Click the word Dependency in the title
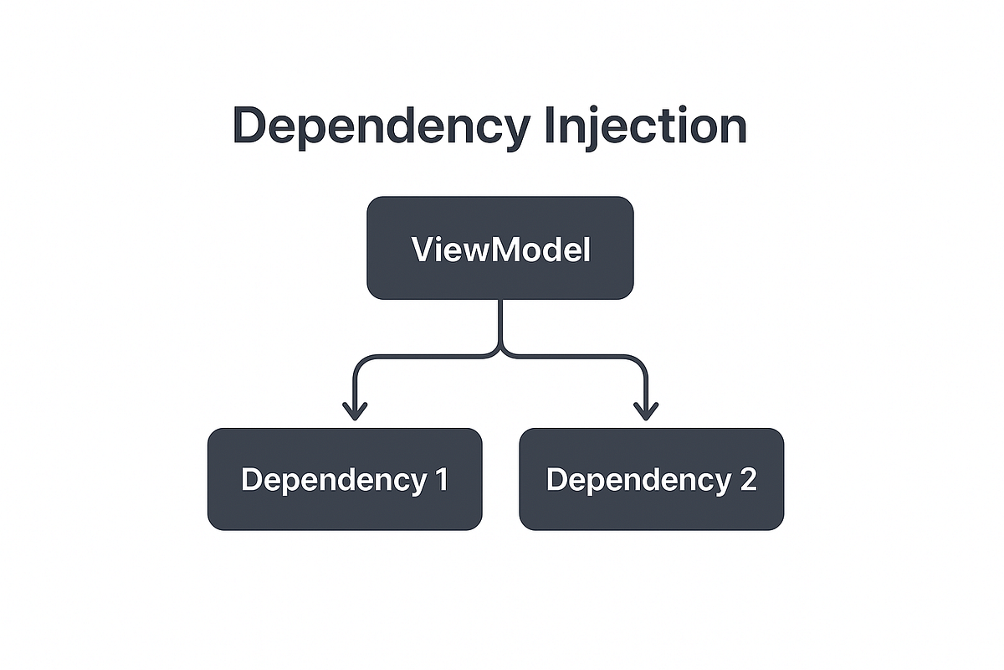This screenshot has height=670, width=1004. pos(382,126)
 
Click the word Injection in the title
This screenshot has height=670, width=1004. pos(645,126)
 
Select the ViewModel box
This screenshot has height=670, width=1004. pos(500,248)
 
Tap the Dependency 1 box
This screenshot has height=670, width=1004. pos(345,479)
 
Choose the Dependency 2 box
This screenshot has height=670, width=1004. pos(652,479)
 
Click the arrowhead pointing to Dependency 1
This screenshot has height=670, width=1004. pos(355,411)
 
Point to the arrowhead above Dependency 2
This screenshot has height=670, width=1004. pos(646,411)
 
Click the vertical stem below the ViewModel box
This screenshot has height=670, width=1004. pos(500,322)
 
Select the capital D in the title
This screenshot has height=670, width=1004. pos(248,125)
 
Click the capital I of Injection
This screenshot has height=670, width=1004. pos(549,125)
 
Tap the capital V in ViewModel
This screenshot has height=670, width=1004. pos(425,249)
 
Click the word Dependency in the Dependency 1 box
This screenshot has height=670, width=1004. pos(335,481)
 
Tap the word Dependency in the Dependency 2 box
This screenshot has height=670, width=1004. pos(639,481)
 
